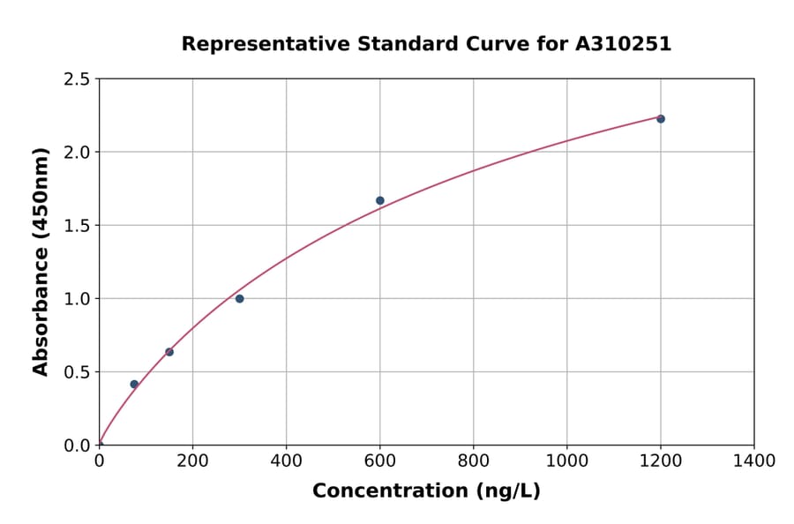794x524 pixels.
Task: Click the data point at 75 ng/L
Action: tap(134, 384)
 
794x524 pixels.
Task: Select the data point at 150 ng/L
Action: tap(169, 352)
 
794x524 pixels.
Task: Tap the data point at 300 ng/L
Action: tap(239, 298)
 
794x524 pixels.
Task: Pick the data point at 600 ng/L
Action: tap(380, 200)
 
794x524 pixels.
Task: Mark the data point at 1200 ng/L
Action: tap(661, 118)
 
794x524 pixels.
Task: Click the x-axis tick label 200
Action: tap(192, 460)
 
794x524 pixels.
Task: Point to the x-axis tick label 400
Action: tap(286, 460)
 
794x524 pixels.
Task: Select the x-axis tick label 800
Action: tap(473, 460)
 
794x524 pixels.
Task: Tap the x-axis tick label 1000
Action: tap(566, 460)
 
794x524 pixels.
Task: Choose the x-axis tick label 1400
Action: tap(753, 460)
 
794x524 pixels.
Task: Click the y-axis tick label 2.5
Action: tap(78, 79)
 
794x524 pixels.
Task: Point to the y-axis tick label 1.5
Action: tap(78, 226)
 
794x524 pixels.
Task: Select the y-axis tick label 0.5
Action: tap(78, 372)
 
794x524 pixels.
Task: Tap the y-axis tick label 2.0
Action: tap(78, 153)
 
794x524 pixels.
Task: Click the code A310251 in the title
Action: tap(624, 43)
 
